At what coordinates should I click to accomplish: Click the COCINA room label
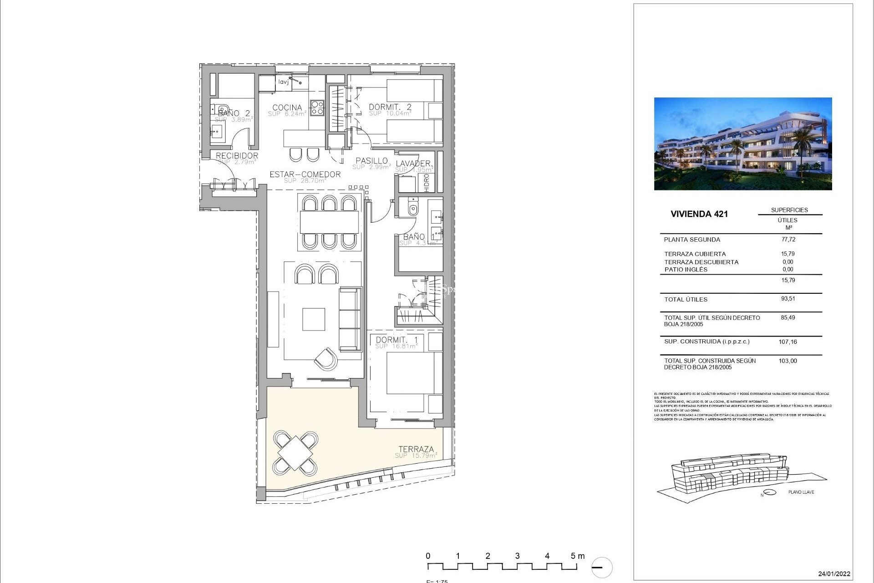(x=287, y=108)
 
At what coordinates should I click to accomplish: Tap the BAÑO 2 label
(x=234, y=113)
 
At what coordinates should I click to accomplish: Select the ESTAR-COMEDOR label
(x=305, y=174)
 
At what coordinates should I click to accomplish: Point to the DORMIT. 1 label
(x=396, y=340)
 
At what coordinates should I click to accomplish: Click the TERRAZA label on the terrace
(x=416, y=449)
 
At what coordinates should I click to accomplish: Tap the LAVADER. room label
(x=413, y=164)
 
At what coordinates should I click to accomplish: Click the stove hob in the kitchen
(x=317, y=107)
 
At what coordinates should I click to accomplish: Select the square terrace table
(x=295, y=453)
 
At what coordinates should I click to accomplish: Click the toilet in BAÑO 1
(x=413, y=208)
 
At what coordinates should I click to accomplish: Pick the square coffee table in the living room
(x=314, y=319)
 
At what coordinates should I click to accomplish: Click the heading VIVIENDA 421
(x=699, y=214)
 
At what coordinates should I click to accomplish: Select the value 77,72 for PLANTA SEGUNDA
(x=788, y=239)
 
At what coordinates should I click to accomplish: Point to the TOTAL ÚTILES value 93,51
(x=788, y=299)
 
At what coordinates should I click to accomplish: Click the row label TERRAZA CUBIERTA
(x=695, y=254)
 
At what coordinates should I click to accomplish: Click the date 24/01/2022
(x=834, y=574)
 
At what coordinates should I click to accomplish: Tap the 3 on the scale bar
(x=517, y=556)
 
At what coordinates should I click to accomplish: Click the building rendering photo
(x=742, y=143)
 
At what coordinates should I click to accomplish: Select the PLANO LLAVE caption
(x=801, y=492)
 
